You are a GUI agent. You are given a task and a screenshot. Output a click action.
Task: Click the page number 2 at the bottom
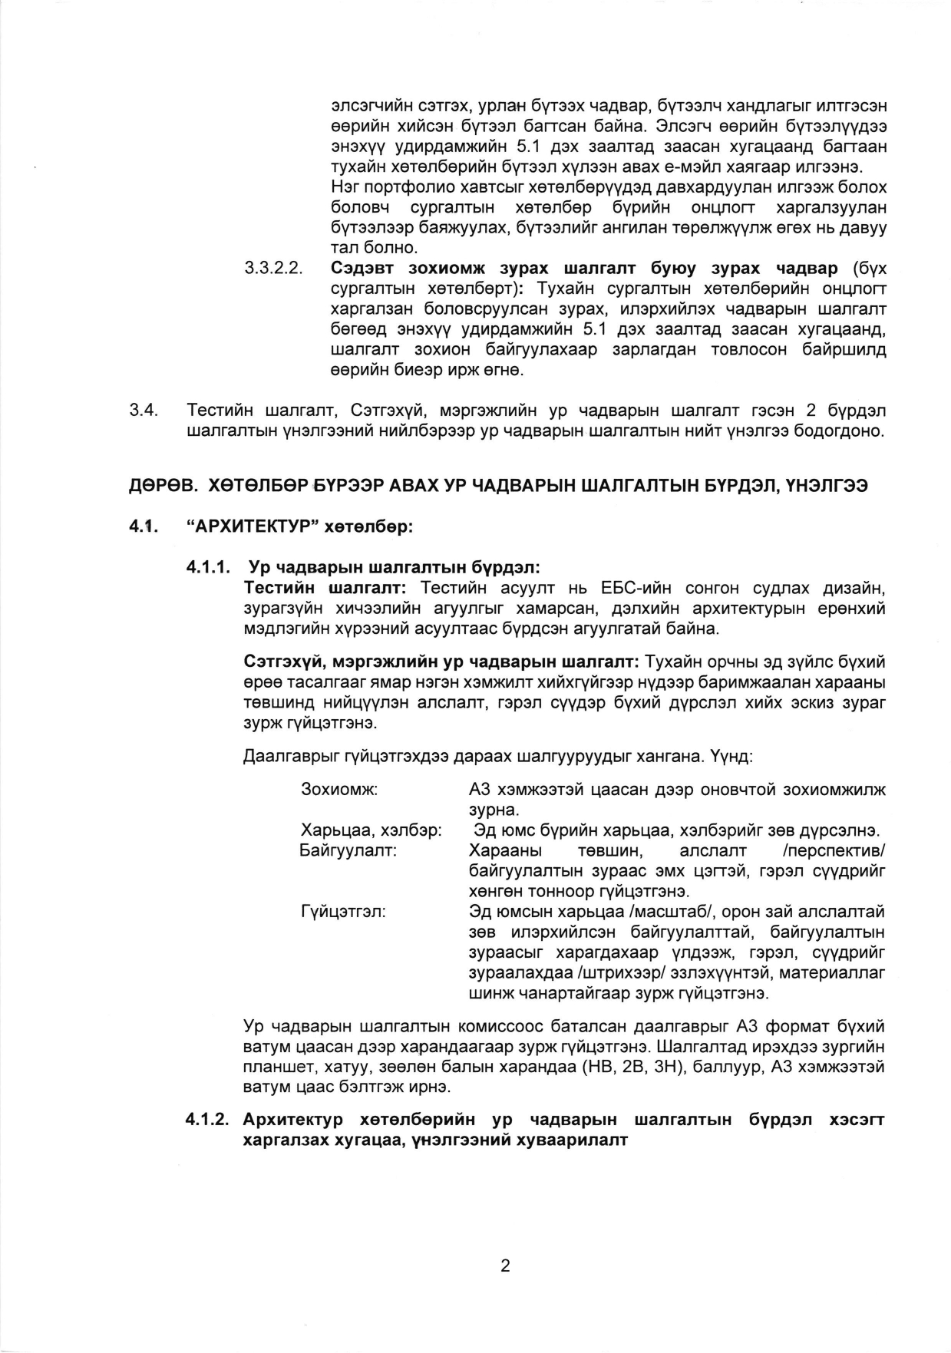click(505, 1266)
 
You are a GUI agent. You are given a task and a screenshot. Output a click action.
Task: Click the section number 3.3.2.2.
click(274, 269)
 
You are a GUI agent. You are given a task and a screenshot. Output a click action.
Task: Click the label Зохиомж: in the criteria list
click(339, 790)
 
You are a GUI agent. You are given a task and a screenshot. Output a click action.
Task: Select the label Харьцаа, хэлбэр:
click(371, 831)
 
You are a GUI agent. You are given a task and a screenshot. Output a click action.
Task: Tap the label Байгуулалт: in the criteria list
click(348, 851)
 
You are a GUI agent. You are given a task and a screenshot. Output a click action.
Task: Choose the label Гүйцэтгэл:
click(343, 912)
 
